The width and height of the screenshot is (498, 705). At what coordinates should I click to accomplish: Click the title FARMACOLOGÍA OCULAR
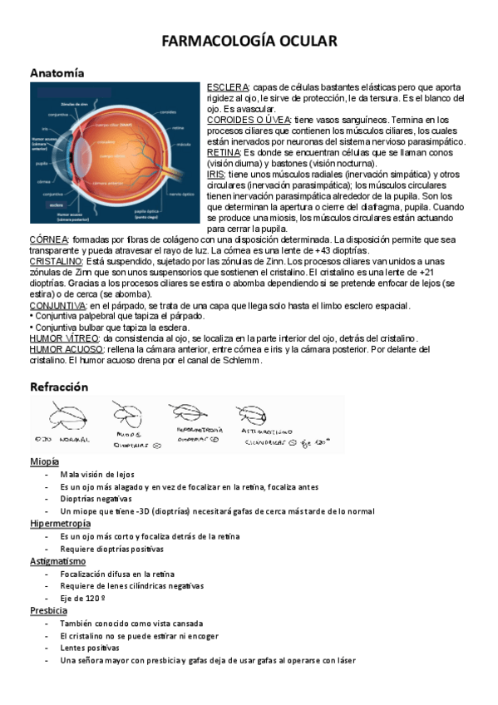[x=249, y=42]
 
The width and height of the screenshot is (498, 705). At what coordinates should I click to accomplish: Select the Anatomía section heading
[x=57, y=74]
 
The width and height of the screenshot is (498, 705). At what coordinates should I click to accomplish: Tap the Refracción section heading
[x=59, y=387]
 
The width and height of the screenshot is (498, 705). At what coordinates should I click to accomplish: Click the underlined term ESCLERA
[x=227, y=88]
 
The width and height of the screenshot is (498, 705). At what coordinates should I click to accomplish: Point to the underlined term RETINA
[x=223, y=153]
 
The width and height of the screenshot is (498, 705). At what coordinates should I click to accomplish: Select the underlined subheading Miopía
[x=44, y=461]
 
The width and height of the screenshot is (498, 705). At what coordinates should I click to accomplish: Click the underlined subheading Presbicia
[x=48, y=611]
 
